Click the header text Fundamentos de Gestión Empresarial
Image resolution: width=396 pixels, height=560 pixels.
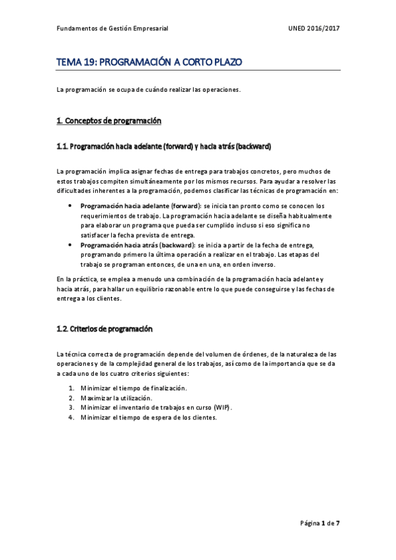(112, 29)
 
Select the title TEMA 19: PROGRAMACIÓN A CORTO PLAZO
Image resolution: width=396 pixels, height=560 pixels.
(149, 63)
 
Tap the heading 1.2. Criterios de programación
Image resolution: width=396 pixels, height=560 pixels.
(104, 328)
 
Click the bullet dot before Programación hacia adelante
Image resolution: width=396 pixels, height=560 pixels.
(71, 206)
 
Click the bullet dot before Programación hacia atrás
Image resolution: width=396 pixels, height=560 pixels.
(71, 244)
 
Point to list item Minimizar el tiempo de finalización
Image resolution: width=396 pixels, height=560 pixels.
(134, 388)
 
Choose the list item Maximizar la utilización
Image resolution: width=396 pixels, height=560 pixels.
(116, 398)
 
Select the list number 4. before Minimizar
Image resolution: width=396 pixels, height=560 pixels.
(71, 417)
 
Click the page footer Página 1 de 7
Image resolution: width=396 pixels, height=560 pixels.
(320, 523)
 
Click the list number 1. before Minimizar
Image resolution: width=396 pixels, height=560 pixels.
(71, 388)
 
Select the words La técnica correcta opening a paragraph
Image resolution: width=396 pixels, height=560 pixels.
(84, 354)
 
